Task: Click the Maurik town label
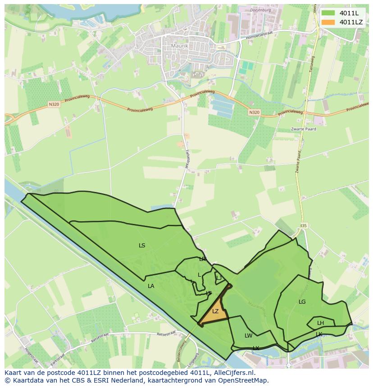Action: coord(179,46)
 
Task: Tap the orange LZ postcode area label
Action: coord(215,311)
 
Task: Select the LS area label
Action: coord(142,246)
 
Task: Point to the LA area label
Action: coord(151,286)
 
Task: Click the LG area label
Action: coord(302,301)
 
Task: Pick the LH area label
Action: coord(320,323)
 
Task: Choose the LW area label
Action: coord(248,335)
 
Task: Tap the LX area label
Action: coord(256,348)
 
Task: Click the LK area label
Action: coord(319,334)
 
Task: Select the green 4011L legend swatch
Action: coord(328,13)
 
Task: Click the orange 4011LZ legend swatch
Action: coord(328,22)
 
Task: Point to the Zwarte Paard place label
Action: coord(303,129)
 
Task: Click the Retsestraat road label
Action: coord(166,334)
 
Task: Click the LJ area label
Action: coord(219,278)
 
